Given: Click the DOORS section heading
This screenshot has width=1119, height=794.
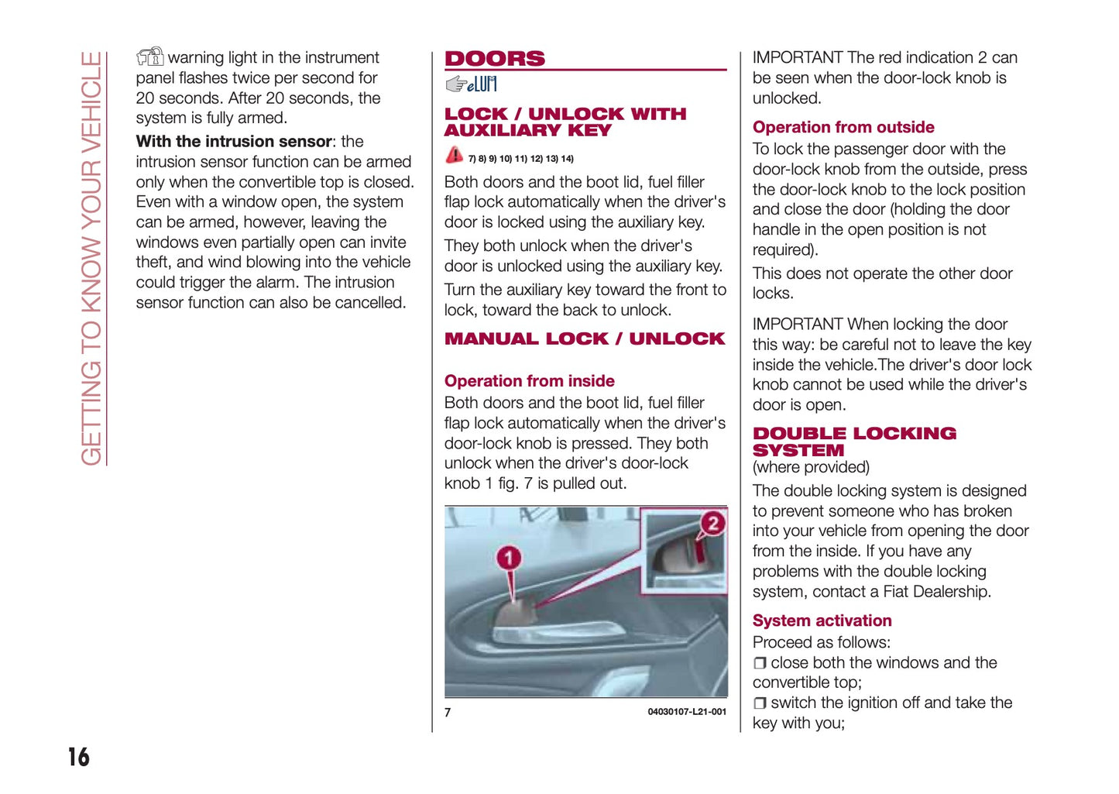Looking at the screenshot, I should click(x=495, y=59).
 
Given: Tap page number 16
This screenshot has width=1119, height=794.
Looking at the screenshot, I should click(x=78, y=757).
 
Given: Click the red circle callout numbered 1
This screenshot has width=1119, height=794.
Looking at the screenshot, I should click(x=509, y=558).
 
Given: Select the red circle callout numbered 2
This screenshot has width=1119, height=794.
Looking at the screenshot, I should click(x=712, y=523).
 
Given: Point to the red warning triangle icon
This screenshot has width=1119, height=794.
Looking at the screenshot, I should click(x=455, y=155).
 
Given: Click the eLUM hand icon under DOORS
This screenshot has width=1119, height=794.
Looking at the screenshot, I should click(x=471, y=84).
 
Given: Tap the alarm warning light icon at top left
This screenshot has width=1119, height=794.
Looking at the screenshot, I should click(x=150, y=57).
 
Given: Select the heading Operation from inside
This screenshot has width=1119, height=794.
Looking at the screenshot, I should click(x=529, y=381).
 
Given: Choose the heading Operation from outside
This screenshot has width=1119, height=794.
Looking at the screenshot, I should click(x=843, y=127).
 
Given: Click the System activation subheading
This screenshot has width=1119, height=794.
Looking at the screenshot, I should click(x=822, y=620).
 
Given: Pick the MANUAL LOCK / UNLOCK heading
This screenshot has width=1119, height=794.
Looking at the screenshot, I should click(x=585, y=339).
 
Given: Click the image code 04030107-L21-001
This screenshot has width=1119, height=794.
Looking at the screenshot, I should click(x=687, y=712).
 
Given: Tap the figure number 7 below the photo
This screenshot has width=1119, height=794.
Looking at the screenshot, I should click(x=448, y=712).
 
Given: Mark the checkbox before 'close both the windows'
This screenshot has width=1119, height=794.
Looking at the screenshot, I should click(x=760, y=663).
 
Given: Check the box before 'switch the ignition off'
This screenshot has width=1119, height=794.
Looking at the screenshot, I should click(x=760, y=703).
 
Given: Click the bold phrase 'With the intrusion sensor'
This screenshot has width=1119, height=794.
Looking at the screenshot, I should click(x=234, y=142).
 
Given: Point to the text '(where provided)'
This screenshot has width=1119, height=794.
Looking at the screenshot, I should click(x=811, y=467).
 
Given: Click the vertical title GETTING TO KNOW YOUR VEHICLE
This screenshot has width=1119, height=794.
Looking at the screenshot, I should click(x=91, y=259).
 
